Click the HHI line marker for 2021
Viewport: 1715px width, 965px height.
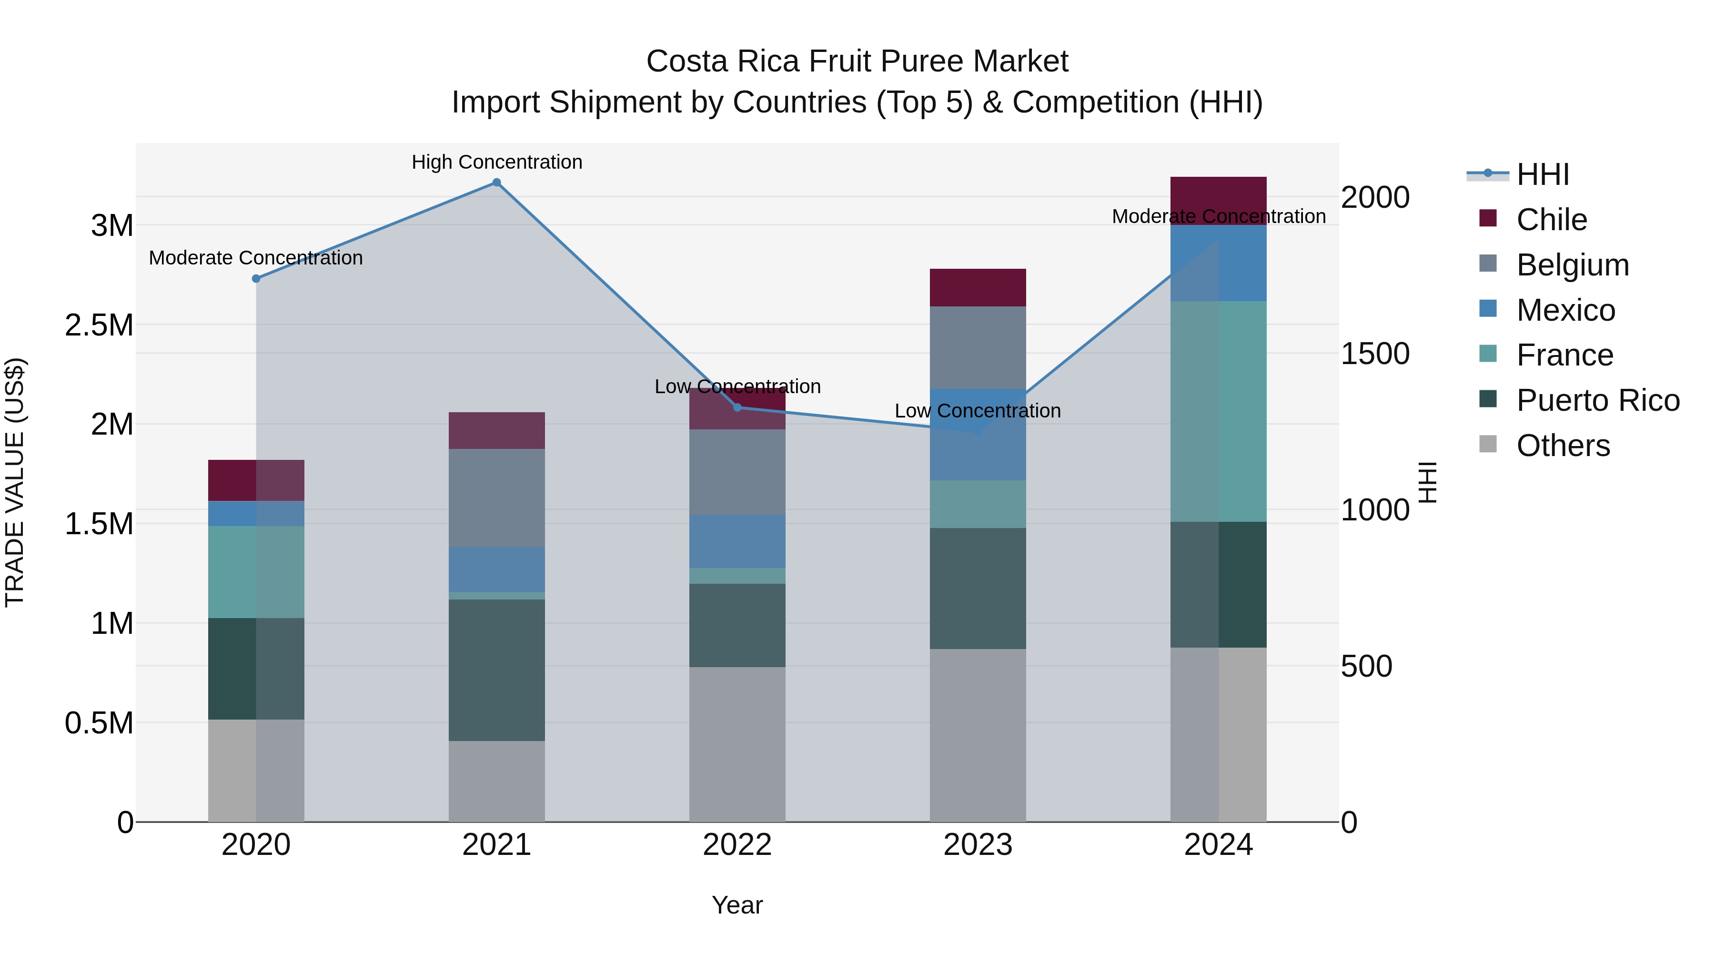point(497,183)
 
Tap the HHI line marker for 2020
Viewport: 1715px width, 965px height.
point(256,278)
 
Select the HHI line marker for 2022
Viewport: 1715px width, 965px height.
point(737,407)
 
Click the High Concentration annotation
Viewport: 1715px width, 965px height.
point(497,162)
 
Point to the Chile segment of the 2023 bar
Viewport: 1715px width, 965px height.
point(978,288)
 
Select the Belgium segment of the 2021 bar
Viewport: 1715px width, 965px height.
point(497,498)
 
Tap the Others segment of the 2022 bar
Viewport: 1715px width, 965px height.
point(737,744)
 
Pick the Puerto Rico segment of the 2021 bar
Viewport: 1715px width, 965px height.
point(497,670)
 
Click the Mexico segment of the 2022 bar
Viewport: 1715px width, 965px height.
point(737,541)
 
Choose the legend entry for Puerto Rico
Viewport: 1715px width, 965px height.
point(1597,400)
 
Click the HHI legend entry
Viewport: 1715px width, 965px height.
point(1543,174)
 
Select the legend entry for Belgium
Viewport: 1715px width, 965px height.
point(1572,265)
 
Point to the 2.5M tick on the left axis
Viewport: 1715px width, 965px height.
point(99,325)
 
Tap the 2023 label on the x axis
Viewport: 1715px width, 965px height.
point(978,845)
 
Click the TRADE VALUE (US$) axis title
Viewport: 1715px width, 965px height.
point(15,482)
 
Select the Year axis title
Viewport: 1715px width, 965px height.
point(737,905)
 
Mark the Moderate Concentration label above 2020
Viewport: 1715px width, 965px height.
point(256,258)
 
